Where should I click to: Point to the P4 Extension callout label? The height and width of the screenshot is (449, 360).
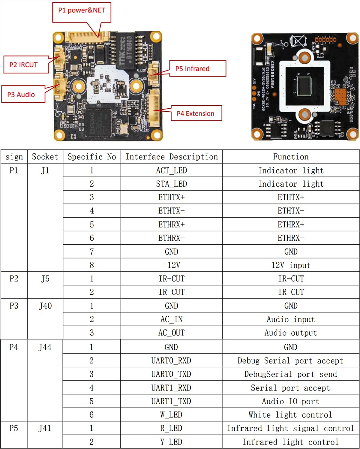pos(196,113)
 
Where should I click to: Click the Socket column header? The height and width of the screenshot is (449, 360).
pos(45,157)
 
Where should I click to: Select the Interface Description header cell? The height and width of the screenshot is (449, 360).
pos(172,157)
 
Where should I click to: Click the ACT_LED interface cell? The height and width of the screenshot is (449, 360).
pos(172,170)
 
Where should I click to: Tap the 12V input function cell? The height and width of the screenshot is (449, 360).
pos(291,265)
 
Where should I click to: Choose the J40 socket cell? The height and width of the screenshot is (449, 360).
pos(45,306)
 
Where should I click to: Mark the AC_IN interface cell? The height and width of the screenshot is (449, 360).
pos(172,319)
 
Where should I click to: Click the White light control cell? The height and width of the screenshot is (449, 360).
pos(290,415)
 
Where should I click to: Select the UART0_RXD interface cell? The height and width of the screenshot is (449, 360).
pos(171,360)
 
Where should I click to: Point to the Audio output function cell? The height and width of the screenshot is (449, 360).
pos(291,333)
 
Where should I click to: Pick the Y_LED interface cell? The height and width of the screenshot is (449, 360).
pos(171,442)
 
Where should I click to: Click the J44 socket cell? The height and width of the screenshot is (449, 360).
pos(45,347)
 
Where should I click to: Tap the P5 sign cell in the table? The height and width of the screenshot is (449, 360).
pos(14,428)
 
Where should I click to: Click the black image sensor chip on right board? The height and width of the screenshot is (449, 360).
pos(304,85)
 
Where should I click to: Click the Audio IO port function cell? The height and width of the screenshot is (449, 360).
pos(290,401)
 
